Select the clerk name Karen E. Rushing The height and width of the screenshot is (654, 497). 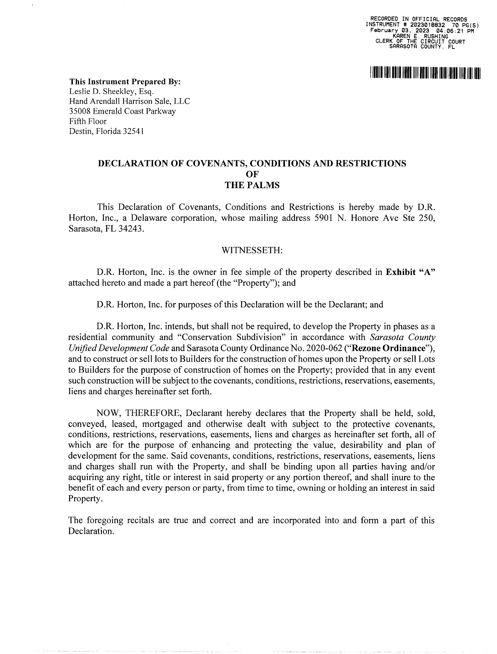point(420,36)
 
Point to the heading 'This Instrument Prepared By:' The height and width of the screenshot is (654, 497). point(125,82)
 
